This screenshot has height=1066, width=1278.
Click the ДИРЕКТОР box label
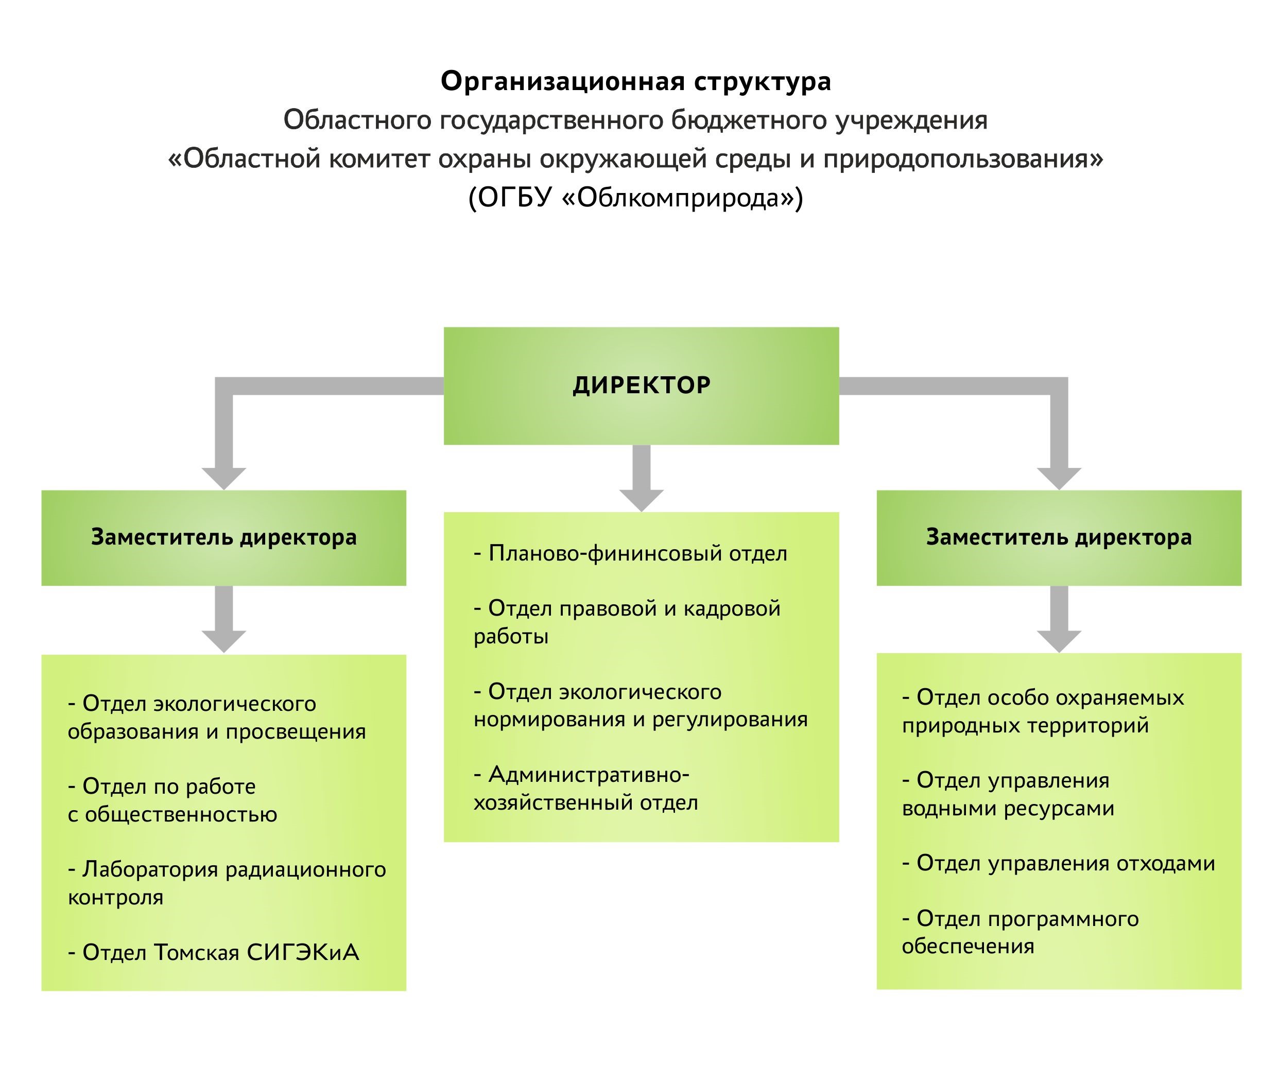642,385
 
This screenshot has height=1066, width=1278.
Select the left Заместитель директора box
223,537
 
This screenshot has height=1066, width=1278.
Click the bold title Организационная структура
635,81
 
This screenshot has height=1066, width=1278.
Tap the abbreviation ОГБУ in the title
514,197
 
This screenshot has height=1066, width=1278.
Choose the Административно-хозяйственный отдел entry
585,789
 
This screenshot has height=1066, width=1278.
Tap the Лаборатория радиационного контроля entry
227,883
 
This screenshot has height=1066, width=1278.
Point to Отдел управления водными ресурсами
1008,794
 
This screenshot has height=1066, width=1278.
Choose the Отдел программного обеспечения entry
1020,932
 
